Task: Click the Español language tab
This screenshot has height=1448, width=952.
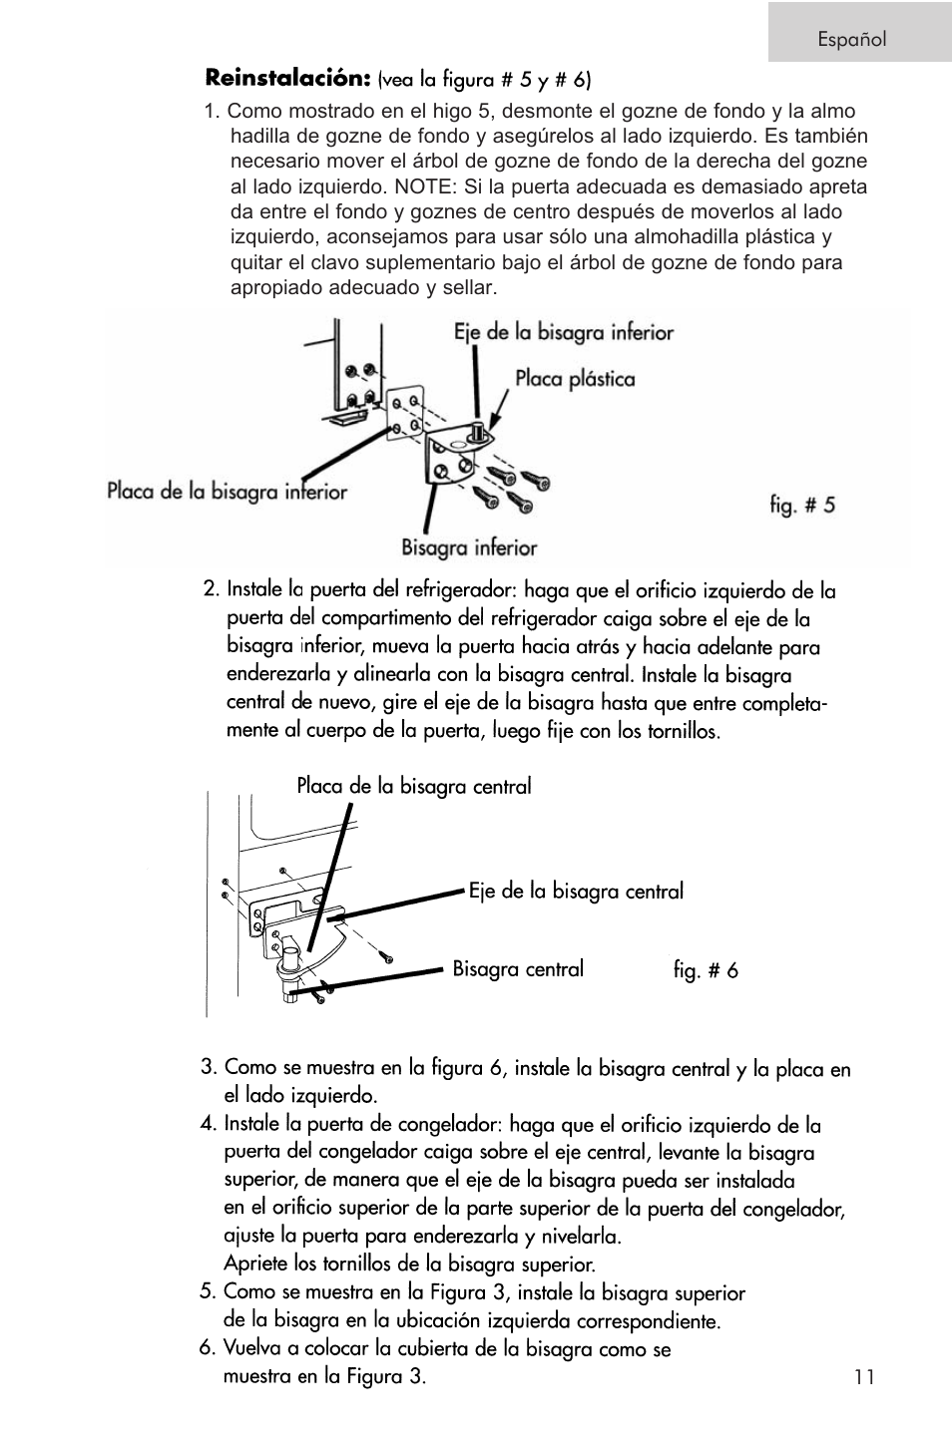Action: point(851,39)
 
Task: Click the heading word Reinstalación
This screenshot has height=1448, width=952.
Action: point(288,77)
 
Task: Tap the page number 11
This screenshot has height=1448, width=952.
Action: point(864,1377)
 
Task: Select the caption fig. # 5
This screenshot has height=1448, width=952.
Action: point(801,505)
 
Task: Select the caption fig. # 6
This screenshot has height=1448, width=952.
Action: point(705,970)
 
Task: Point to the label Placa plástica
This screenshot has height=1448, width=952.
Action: point(575,379)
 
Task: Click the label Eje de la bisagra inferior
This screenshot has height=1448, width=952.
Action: point(564,332)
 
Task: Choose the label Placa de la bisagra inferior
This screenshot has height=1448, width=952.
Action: point(227,492)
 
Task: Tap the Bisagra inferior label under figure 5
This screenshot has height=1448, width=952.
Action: point(469,547)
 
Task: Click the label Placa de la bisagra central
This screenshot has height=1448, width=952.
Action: point(413,787)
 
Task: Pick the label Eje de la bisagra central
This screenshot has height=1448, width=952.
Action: point(576,892)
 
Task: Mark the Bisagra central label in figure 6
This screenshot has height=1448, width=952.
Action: point(518,969)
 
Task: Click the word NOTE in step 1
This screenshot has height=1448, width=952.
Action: point(423,186)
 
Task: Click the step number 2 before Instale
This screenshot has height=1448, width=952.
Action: point(210,588)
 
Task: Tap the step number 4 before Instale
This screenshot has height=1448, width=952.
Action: point(208,1124)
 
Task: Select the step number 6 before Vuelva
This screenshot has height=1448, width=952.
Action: point(207,1349)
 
